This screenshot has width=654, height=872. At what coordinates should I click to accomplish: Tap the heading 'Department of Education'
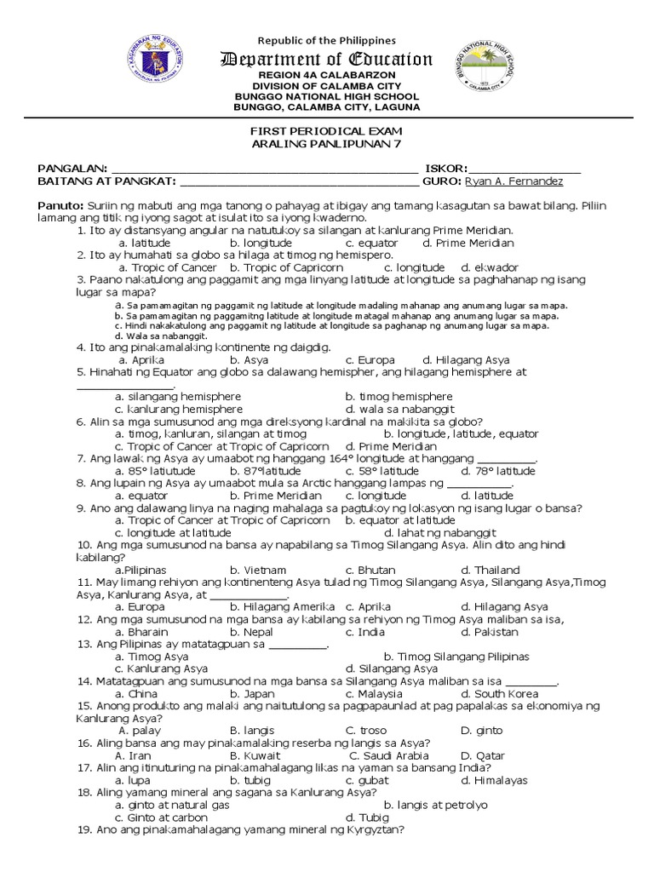327,59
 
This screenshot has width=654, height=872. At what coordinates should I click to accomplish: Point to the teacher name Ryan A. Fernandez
514,181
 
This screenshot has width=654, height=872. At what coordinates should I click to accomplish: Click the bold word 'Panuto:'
59,206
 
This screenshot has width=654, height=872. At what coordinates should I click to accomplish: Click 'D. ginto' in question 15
481,731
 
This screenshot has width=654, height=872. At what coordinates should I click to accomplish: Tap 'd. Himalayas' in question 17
489,780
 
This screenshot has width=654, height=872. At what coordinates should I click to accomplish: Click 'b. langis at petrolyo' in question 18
435,805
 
